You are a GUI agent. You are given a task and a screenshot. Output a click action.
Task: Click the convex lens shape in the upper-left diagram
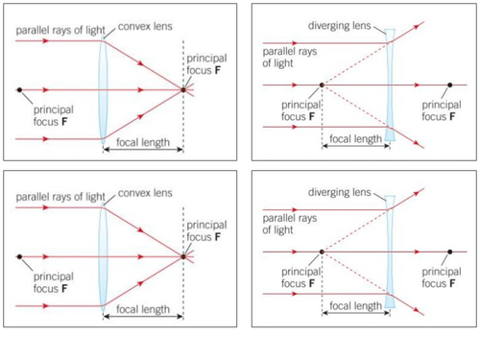pos(103,91)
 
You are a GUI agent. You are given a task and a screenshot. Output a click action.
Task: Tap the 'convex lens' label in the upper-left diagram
pos(146,27)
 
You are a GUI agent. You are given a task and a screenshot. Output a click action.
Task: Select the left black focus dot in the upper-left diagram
pos(19,91)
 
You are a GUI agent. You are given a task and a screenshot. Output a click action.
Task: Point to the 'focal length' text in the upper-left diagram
pos(143,144)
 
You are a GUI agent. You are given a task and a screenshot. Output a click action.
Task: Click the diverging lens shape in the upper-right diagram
pos(390,85)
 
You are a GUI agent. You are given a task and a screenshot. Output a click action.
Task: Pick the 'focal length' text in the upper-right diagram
pos(355,138)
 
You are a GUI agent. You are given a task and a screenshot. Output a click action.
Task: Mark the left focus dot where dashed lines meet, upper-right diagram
pos(321,85)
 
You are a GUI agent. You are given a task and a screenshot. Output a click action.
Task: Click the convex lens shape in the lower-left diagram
pos(103,257)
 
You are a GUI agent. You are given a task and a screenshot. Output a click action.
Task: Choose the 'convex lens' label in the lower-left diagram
pos(146,193)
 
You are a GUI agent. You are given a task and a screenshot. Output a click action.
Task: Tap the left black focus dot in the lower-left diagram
pos(19,257)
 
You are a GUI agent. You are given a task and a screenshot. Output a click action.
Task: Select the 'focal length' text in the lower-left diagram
pos(143,310)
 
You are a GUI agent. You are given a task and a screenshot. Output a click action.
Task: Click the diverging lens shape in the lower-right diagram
pos(390,252)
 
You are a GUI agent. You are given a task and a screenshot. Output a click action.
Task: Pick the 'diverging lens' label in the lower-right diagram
pos(339,192)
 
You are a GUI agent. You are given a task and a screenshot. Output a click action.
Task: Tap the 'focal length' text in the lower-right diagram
pos(355,305)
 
